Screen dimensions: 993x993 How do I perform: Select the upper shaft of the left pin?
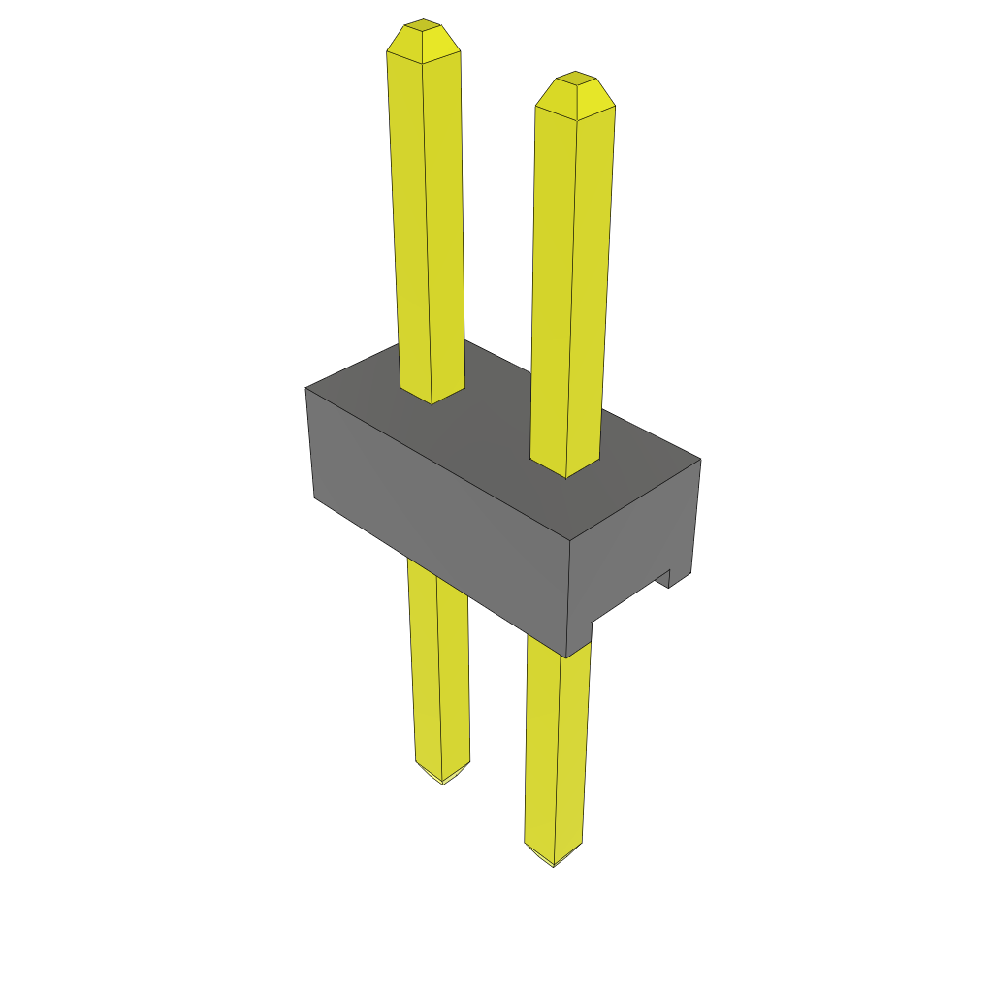click(427, 223)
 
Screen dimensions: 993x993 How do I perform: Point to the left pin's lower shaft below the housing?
click(439, 669)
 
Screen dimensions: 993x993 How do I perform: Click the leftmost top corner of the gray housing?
click(306, 388)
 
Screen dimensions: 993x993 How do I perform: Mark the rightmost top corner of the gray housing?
click(700, 460)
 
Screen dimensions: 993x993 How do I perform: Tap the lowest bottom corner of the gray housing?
click(565, 657)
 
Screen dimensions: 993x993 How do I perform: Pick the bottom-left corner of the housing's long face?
click(314, 497)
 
